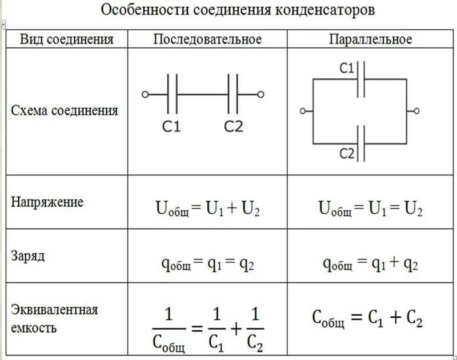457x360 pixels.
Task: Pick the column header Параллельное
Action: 370,39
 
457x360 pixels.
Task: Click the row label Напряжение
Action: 47,202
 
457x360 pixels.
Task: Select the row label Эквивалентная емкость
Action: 54,319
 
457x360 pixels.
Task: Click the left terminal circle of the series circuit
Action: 145,95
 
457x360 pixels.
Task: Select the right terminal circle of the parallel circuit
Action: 416,111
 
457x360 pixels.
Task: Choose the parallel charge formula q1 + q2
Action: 370,264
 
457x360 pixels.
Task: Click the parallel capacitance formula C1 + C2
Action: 367,319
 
